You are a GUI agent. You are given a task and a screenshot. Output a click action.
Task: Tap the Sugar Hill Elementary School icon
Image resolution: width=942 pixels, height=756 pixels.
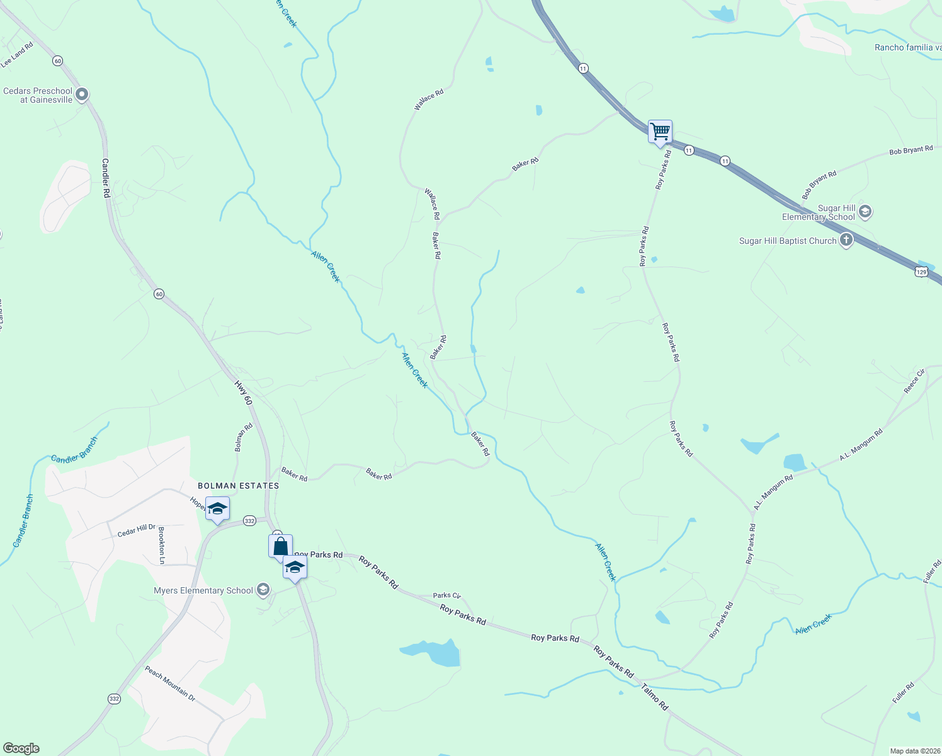click(x=865, y=211)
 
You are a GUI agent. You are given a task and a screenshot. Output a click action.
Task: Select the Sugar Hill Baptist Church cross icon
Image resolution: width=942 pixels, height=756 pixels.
click(x=846, y=240)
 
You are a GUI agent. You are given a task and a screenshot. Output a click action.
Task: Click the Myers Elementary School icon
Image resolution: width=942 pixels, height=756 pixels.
click(x=263, y=590)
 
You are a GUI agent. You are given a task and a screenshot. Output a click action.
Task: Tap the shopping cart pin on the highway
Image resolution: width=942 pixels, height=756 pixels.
click(x=660, y=132)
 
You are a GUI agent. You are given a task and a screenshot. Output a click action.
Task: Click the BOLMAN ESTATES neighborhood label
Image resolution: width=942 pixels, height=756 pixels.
click(x=238, y=486)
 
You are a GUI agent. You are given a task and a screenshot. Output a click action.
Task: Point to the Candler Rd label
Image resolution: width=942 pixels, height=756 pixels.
click(x=106, y=178)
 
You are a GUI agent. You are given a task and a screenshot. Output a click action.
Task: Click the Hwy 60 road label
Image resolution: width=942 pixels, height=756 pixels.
click(x=244, y=392)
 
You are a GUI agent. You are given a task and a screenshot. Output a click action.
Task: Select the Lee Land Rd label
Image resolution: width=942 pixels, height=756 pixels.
click(x=17, y=55)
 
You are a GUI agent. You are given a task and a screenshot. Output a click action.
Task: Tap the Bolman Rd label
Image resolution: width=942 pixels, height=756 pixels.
click(x=244, y=437)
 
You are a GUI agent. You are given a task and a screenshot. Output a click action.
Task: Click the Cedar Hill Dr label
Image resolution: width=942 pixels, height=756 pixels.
click(x=136, y=531)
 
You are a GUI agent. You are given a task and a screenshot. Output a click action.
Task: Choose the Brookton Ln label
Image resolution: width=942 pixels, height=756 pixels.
click(x=162, y=546)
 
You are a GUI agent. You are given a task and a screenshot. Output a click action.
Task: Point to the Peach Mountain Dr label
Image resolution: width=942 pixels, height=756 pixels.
click(x=170, y=684)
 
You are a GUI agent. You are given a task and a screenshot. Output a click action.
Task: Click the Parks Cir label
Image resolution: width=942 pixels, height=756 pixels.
click(x=447, y=595)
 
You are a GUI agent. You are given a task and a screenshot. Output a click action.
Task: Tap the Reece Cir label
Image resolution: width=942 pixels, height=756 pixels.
click(x=914, y=382)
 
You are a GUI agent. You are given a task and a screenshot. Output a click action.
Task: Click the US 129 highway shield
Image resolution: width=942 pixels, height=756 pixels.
click(x=922, y=272)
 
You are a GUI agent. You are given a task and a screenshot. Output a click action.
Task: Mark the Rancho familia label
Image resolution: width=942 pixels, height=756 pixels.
click(x=907, y=47)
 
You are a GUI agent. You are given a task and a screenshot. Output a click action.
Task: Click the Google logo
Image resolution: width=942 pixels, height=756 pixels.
click(x=21, y=748)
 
